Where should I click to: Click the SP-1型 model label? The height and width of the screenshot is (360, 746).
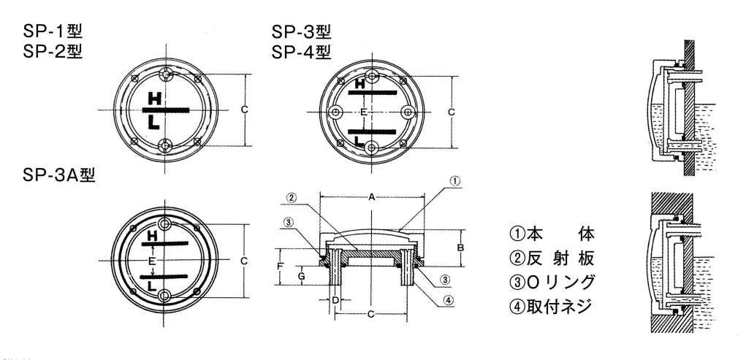[53, 31]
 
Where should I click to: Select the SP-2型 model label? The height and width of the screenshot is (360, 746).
[53, 51]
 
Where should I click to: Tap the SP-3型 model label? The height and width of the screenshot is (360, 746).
[301, 32]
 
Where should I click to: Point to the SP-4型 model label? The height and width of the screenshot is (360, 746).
[301, 51]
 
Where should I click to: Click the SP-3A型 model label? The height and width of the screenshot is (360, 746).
[59, 175]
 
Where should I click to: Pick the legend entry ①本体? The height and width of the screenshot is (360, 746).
[552, 234]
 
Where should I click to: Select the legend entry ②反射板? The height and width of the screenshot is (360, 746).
[552, 258]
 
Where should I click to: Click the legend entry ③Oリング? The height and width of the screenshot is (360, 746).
[552, 282]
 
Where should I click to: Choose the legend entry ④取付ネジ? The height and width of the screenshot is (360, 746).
[550, 306]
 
